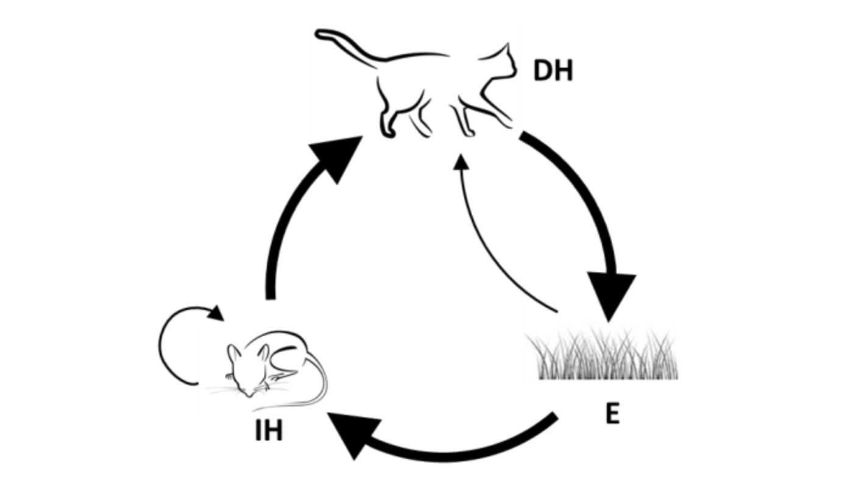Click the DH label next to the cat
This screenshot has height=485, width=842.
[x=553, y=71]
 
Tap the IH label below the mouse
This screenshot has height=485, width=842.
[x=268, y=431]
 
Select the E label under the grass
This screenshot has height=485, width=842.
[x=612, y=414]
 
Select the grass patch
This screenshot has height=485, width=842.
[x=606, y=356]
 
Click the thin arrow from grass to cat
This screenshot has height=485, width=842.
[x=487, y=244]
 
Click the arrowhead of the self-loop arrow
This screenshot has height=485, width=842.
[x=215, y=313]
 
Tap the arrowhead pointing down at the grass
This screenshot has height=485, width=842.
[x=610, y=296]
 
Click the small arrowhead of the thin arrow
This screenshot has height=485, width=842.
[x=462, y=161]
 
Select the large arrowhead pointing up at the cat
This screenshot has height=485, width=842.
[x=338, y=155]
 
